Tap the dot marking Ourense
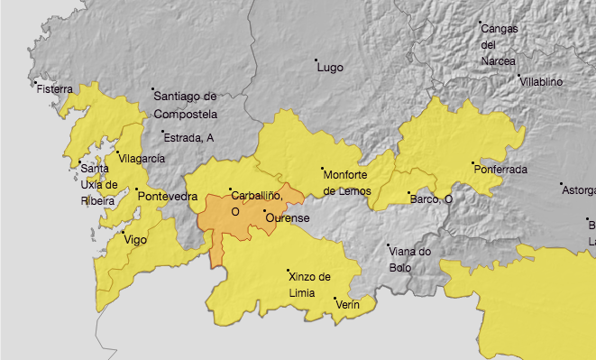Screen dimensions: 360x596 264,211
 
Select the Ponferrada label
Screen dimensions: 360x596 501,169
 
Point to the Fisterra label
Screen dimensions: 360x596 56,89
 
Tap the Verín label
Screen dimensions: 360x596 348,305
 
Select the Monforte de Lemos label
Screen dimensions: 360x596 349,181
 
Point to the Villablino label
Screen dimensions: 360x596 541,81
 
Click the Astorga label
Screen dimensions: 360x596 579,190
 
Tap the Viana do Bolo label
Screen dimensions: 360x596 411,259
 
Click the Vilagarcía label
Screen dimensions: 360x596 142,158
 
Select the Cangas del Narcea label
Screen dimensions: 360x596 499,45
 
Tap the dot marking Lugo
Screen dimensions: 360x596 316,60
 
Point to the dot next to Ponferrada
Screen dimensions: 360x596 473,163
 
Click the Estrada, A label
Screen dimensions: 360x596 191,137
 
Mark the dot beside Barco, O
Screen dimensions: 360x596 409,193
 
